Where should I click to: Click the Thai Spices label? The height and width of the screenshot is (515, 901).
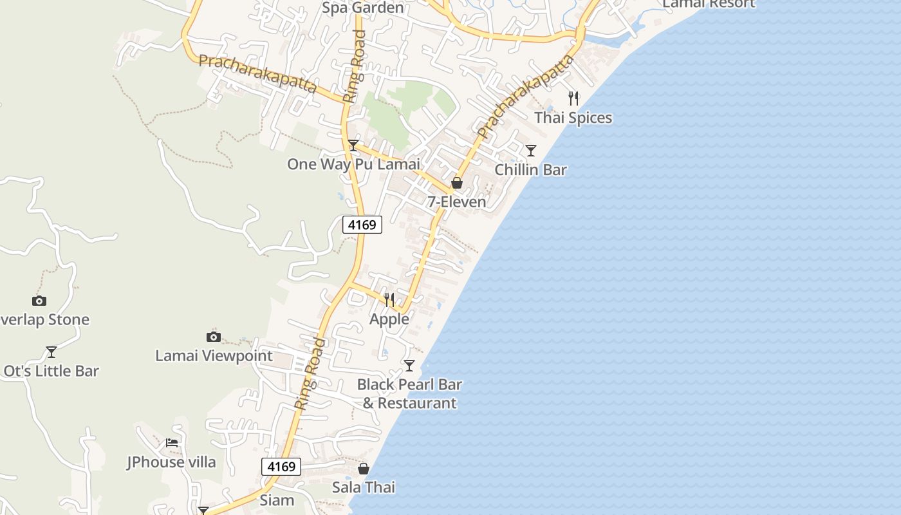[x=573, y=118]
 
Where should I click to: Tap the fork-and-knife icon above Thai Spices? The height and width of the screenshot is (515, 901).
[x=573, y=98]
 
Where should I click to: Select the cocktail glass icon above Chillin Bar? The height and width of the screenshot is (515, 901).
[x=531, y=151]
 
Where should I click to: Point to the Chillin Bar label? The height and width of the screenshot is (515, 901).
[x=530, y=170]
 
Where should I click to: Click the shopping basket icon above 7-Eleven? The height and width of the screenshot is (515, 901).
[x=457, y=183]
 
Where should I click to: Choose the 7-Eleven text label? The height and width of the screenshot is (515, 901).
[x=457, y=202]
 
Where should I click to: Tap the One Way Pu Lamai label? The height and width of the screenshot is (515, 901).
[x=353, y=164]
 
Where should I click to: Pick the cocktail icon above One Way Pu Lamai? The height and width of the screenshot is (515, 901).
[x=353, y=145]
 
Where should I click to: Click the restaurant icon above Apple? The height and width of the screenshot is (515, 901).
[x=389, y=300]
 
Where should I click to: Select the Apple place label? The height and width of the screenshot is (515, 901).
[x=389, y=319]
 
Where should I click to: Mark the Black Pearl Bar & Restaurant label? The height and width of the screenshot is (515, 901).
[x=410, y=394]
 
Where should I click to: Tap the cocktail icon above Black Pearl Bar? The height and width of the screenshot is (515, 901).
[x=409, y=366]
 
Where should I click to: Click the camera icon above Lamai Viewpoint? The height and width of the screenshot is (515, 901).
[x=214, y=337]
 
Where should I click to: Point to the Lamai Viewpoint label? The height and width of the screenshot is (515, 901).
[x=214, y=356]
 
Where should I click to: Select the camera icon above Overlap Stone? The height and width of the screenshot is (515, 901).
[x=39, y=301]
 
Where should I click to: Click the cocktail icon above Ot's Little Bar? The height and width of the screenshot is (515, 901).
[x=51, y=352]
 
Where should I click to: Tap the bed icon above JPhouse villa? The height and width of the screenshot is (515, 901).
[x=172, y=443]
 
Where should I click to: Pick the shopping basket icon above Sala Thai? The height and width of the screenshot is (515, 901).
[x=364, y=469]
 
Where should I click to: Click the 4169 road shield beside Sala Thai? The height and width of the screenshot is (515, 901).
[x=281, y=467]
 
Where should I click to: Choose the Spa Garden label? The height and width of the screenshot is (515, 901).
[x=363, y=8]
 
